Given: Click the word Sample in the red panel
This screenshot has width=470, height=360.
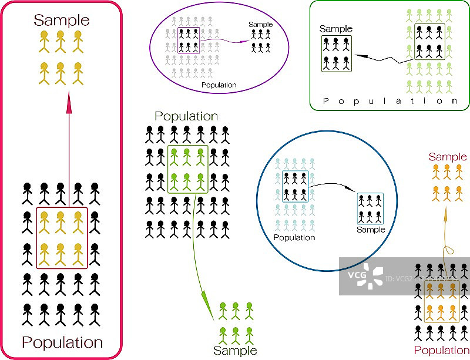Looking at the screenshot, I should point(62,21).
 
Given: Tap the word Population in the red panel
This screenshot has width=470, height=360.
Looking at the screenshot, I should point(62,342).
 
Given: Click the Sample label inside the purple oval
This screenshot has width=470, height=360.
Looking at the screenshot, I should point(261,24).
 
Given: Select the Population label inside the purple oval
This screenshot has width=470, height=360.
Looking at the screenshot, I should point(219,85).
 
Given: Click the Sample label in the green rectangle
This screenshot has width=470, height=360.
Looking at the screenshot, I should point(336,29).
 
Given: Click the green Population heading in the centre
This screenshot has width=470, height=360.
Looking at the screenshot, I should point(186,116).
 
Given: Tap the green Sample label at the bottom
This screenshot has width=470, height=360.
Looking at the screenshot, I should point(235,351).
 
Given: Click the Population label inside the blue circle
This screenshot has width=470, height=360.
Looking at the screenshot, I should point(294,238).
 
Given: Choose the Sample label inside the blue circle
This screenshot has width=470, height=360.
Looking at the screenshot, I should point(371,230).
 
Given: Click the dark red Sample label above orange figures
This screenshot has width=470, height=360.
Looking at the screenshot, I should point(448,157).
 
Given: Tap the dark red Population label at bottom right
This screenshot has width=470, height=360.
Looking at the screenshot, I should point(442,351).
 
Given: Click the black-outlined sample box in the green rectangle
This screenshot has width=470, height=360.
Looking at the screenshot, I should point(337,54).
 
